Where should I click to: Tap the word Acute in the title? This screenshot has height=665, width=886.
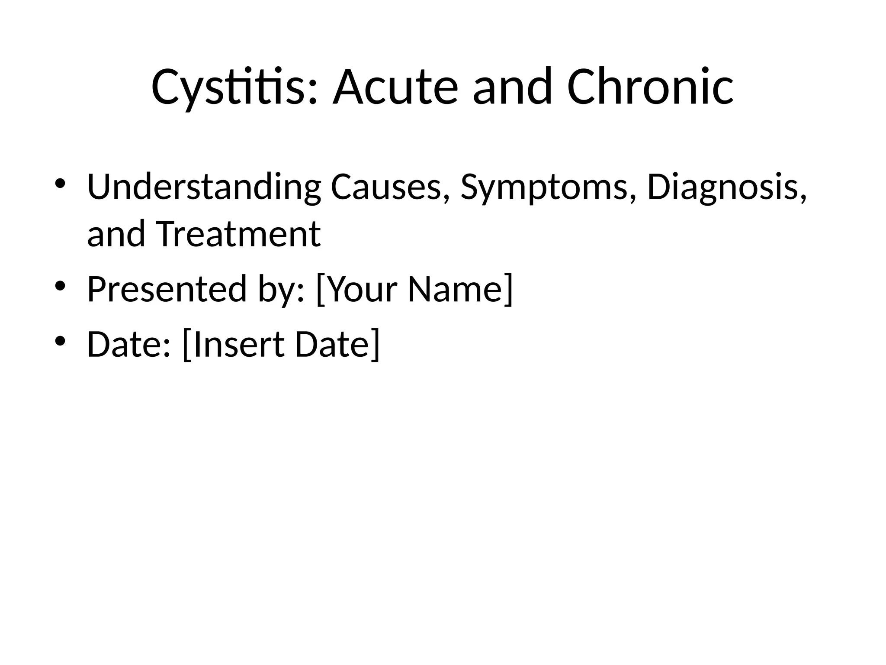coord(395,88)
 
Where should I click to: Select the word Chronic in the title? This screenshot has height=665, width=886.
coord(650,88)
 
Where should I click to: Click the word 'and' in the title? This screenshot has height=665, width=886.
coord(512,88)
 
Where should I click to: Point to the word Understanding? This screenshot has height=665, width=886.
coord(204,187)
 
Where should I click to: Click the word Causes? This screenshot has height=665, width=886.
coord(389,187)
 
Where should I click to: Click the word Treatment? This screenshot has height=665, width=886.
coord(238,234)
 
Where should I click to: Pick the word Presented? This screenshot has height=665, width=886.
coord(167,289)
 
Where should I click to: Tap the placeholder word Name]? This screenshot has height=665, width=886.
coord(460,289)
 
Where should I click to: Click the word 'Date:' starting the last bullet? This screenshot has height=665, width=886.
coord(129,344)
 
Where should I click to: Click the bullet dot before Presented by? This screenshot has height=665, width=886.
coord(60,285)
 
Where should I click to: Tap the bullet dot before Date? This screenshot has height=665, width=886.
coord(60,341)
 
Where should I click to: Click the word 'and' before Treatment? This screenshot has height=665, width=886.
coord(116,234)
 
